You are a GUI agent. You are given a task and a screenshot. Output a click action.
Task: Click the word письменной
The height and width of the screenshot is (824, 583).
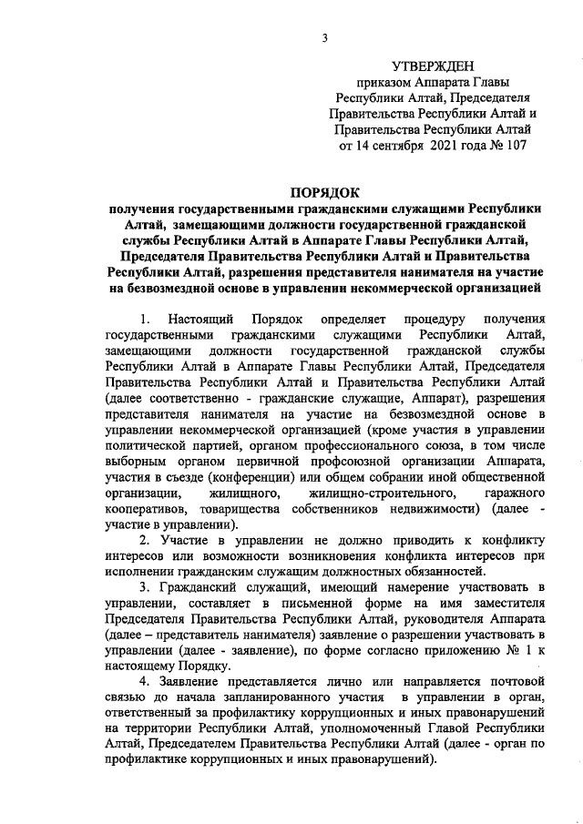click(x=326, y=606)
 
